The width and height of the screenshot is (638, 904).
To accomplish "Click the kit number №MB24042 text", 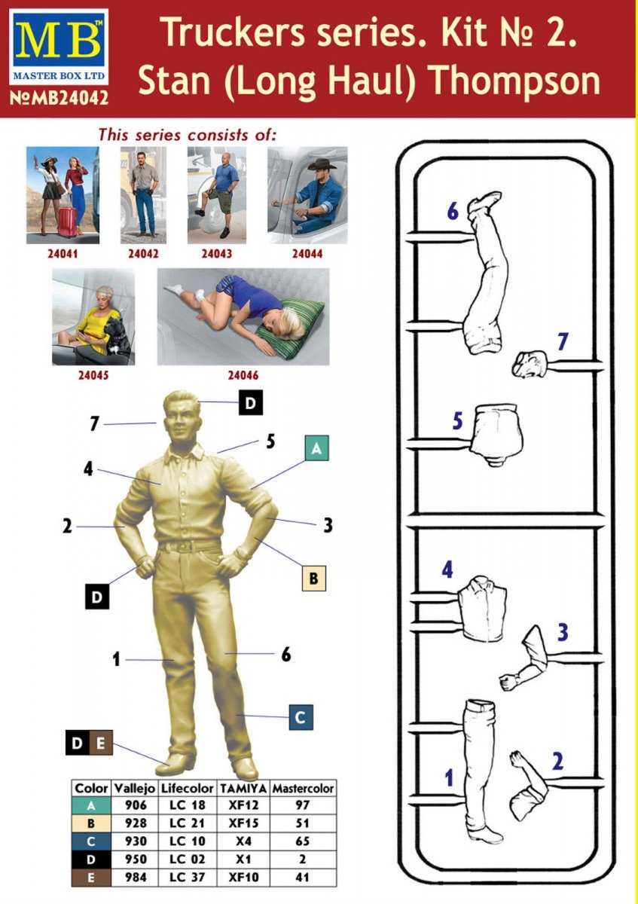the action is pyautogui.click(x=59, y=98).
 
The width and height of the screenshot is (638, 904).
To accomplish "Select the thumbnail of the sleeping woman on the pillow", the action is pyautogui.click(x=243, y=316).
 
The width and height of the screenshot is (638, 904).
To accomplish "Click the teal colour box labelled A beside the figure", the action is pyautogui.click(x=317, y=448).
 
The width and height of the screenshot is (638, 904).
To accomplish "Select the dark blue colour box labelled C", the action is pyautogui.click(x=301, y=717).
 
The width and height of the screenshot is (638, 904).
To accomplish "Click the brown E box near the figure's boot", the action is pyautogui.click(x=101, y=743).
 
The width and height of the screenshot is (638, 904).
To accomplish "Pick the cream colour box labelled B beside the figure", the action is pyautogui.click(x=313, y=579).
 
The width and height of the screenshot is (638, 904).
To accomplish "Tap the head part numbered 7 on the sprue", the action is pyautogui.click(x=530, y=363).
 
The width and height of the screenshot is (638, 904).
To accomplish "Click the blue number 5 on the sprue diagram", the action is pyautogui.click(x=457, y=421).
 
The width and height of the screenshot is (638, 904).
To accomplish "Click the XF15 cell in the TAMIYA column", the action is pyautogui.click(x=244, y=823).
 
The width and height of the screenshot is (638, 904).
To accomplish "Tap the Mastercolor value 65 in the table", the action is pyautogui.click(x=302, y=841).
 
